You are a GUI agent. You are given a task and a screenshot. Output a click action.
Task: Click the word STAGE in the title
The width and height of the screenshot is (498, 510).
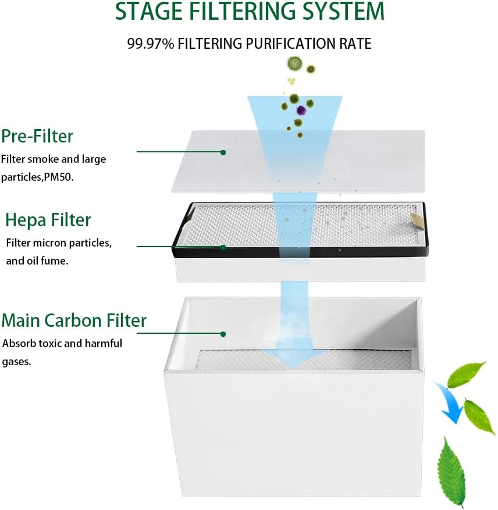pos(150,11)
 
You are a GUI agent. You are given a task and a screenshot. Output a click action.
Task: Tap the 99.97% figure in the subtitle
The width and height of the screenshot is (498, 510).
pos(150,44)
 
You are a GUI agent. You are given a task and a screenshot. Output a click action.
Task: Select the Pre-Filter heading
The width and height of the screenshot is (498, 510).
pos(37,136)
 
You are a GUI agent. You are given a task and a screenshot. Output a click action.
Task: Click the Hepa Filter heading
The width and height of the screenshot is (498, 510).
pos(48,220)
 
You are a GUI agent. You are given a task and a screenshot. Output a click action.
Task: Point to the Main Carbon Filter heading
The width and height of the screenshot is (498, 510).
pos(74,320)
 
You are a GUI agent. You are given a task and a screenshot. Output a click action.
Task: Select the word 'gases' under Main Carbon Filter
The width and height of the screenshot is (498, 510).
pos(16,362)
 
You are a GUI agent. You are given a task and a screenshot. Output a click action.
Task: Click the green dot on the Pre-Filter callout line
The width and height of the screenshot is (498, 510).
pos(223,152)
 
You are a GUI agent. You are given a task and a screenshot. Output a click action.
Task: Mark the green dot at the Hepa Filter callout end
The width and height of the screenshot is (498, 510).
pos(223,247)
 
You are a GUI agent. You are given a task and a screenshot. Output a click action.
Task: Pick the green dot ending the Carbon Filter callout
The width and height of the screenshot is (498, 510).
pos(223,334)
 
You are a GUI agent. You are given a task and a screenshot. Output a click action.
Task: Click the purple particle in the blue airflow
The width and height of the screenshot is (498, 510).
pos(301,110)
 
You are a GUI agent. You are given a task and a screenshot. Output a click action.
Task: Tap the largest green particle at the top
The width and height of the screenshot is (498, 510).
pos(294,63)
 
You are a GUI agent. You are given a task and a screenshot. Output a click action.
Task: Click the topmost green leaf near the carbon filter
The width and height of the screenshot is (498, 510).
pos(467,374)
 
